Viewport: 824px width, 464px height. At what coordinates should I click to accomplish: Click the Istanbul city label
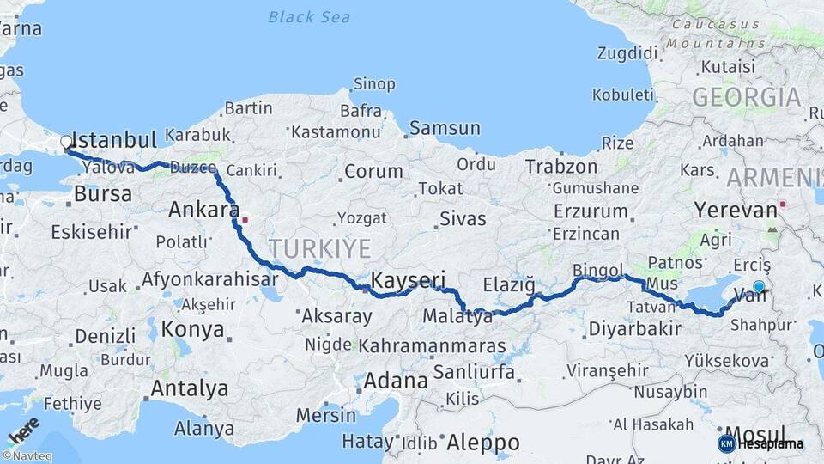(115, 140)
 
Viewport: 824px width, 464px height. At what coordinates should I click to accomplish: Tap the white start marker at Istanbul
(66, 141)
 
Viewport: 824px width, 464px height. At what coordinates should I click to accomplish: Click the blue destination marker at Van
(759, 287)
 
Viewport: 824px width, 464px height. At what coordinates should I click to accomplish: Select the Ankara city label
(203, 209)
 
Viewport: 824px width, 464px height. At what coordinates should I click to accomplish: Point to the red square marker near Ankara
(245, 218)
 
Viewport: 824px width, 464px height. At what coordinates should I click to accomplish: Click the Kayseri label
(408, 279)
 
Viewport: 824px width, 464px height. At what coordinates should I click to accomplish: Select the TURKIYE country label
(319, 249)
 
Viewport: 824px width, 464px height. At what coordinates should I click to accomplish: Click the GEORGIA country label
(746, 97)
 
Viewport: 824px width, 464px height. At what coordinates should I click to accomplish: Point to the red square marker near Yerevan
(783, 205)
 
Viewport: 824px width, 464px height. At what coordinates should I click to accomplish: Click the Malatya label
(457, 317)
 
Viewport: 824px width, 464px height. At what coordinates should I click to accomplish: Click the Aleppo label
(483, 443)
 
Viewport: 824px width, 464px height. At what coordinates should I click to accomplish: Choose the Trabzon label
(561, 167)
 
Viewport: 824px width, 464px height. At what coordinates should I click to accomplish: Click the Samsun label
(445, 128)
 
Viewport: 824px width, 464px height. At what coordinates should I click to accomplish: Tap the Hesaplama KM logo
(760, 443)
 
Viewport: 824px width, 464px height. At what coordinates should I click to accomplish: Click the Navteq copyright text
(27, 456)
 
